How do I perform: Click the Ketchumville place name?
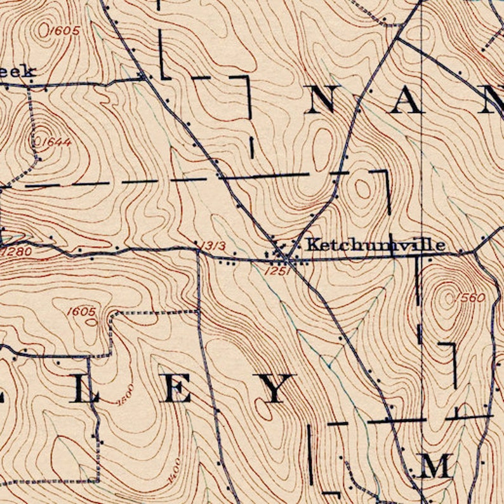pyautogui.click(x=375, y=244)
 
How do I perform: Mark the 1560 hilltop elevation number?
pyautogui.click(x=470, y=298)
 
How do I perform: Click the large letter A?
pyautogui.click(x=405, y=99)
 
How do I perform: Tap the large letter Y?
pyautogui.click(x=275, y=388)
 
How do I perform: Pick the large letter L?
pyautogui.click(x=84, y=388)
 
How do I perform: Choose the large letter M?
pyautogui.click(x=435, y=467)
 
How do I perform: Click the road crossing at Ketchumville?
pyautogui.click(x=288, y=259)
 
